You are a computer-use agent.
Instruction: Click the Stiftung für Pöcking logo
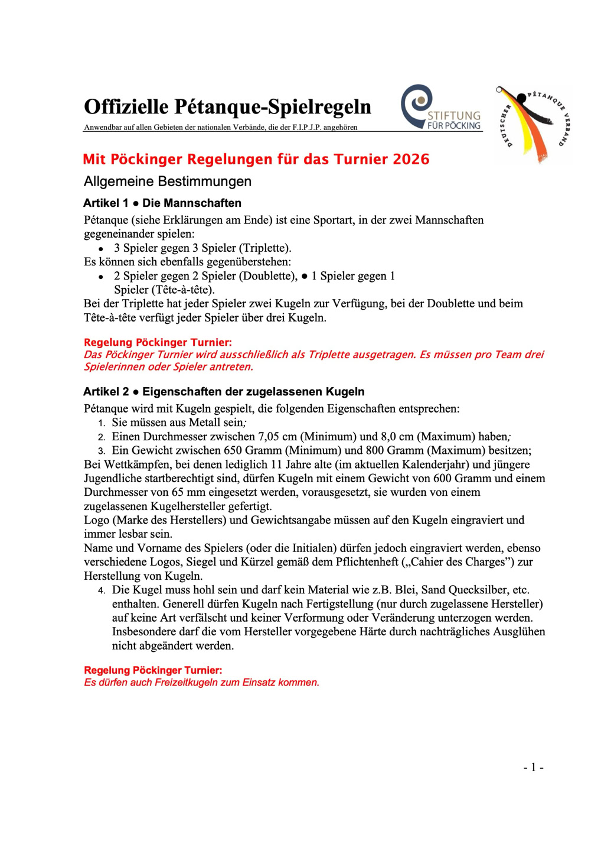pyautogui.click(x=440, y=108)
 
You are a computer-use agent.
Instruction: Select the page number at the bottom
pyautogui.click(x=533, y=767)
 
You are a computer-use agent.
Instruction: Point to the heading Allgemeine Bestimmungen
pyautogui.click(x=168, y=181)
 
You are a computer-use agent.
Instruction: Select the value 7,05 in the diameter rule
pyautogui.click(x=270, y=437)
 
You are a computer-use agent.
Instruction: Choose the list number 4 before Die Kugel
pyautogui.click(x=102, y=590)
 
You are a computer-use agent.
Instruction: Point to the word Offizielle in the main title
pyautogui.click(x=126, y=107)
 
